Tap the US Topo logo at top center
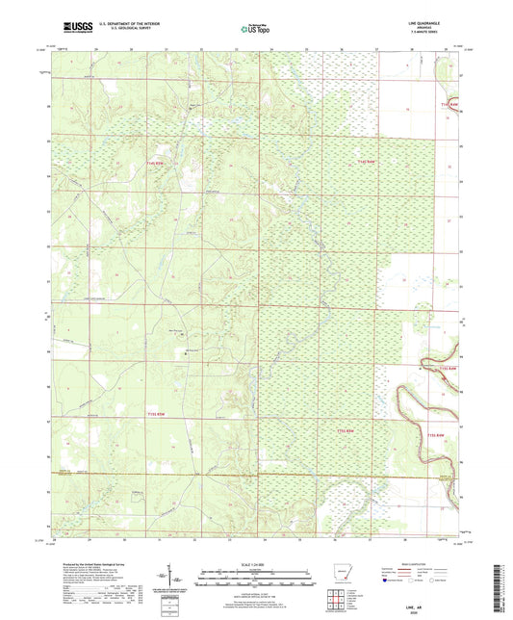pyautogui.click(x=255, y=30)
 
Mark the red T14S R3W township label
pyautogui.click(x=446, y=104)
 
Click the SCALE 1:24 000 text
pyautogui.click(x=256, y=563)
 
